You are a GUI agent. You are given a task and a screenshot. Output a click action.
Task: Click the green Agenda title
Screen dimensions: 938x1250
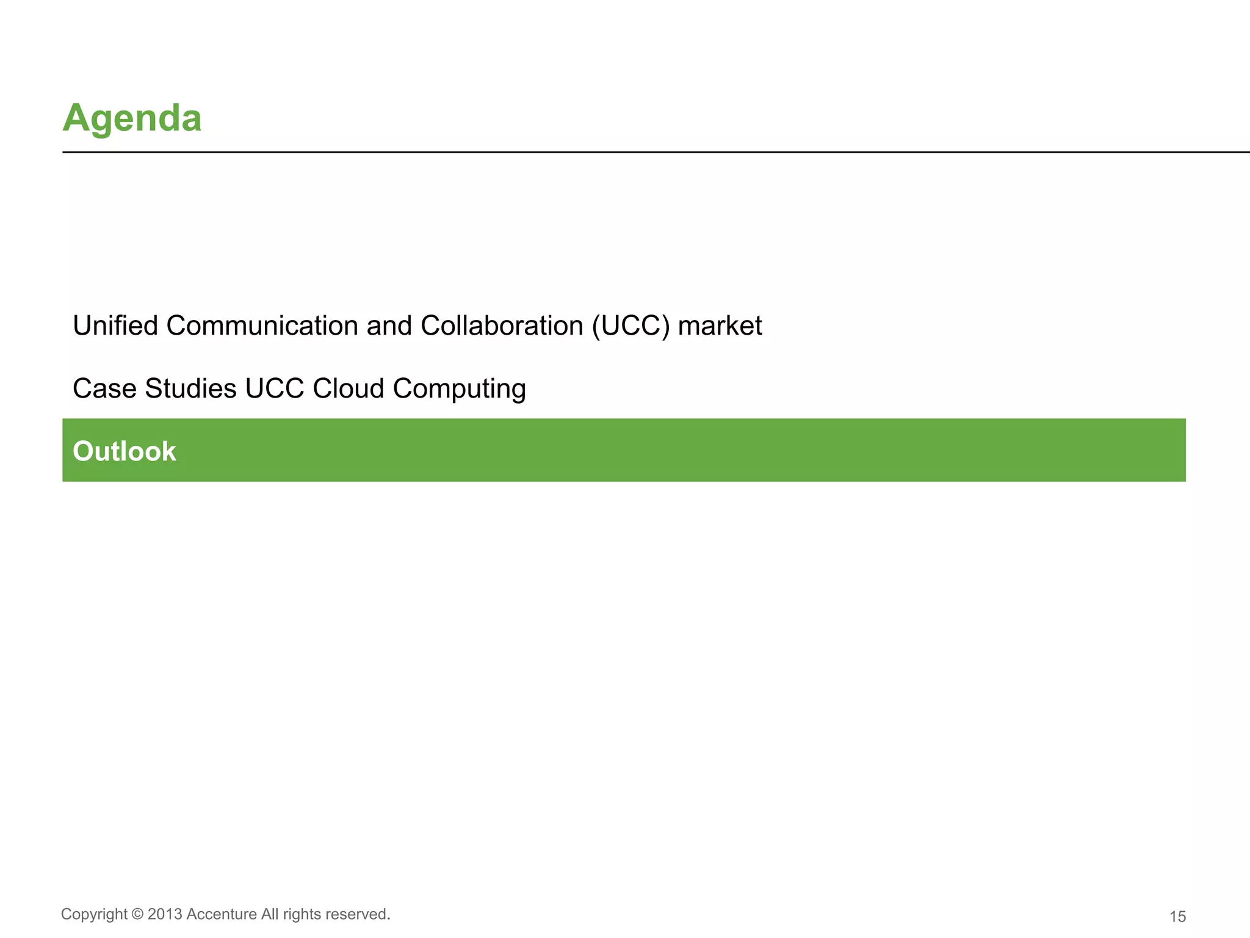click(132, 118)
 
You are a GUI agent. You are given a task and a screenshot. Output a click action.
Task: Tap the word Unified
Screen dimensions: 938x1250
click(115, 325)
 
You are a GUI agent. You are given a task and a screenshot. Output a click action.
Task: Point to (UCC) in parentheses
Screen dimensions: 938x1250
click(630, 325)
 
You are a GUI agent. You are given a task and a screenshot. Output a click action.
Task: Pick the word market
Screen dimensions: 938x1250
click(720, 325)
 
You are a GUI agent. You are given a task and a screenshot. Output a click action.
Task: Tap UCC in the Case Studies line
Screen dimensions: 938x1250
click(274, 388)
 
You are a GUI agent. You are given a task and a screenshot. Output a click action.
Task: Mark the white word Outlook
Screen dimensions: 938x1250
click(125, 451)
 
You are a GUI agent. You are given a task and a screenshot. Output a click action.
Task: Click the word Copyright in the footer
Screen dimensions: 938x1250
click(94, 914)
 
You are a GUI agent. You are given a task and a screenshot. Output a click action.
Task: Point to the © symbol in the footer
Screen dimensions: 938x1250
click(137, 914)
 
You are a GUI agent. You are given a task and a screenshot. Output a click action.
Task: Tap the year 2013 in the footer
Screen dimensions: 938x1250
click(165, 914)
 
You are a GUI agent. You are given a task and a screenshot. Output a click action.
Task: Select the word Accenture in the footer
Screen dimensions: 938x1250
click(222, 914)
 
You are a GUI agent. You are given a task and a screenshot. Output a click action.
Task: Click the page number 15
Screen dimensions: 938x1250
click(1177, 917)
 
